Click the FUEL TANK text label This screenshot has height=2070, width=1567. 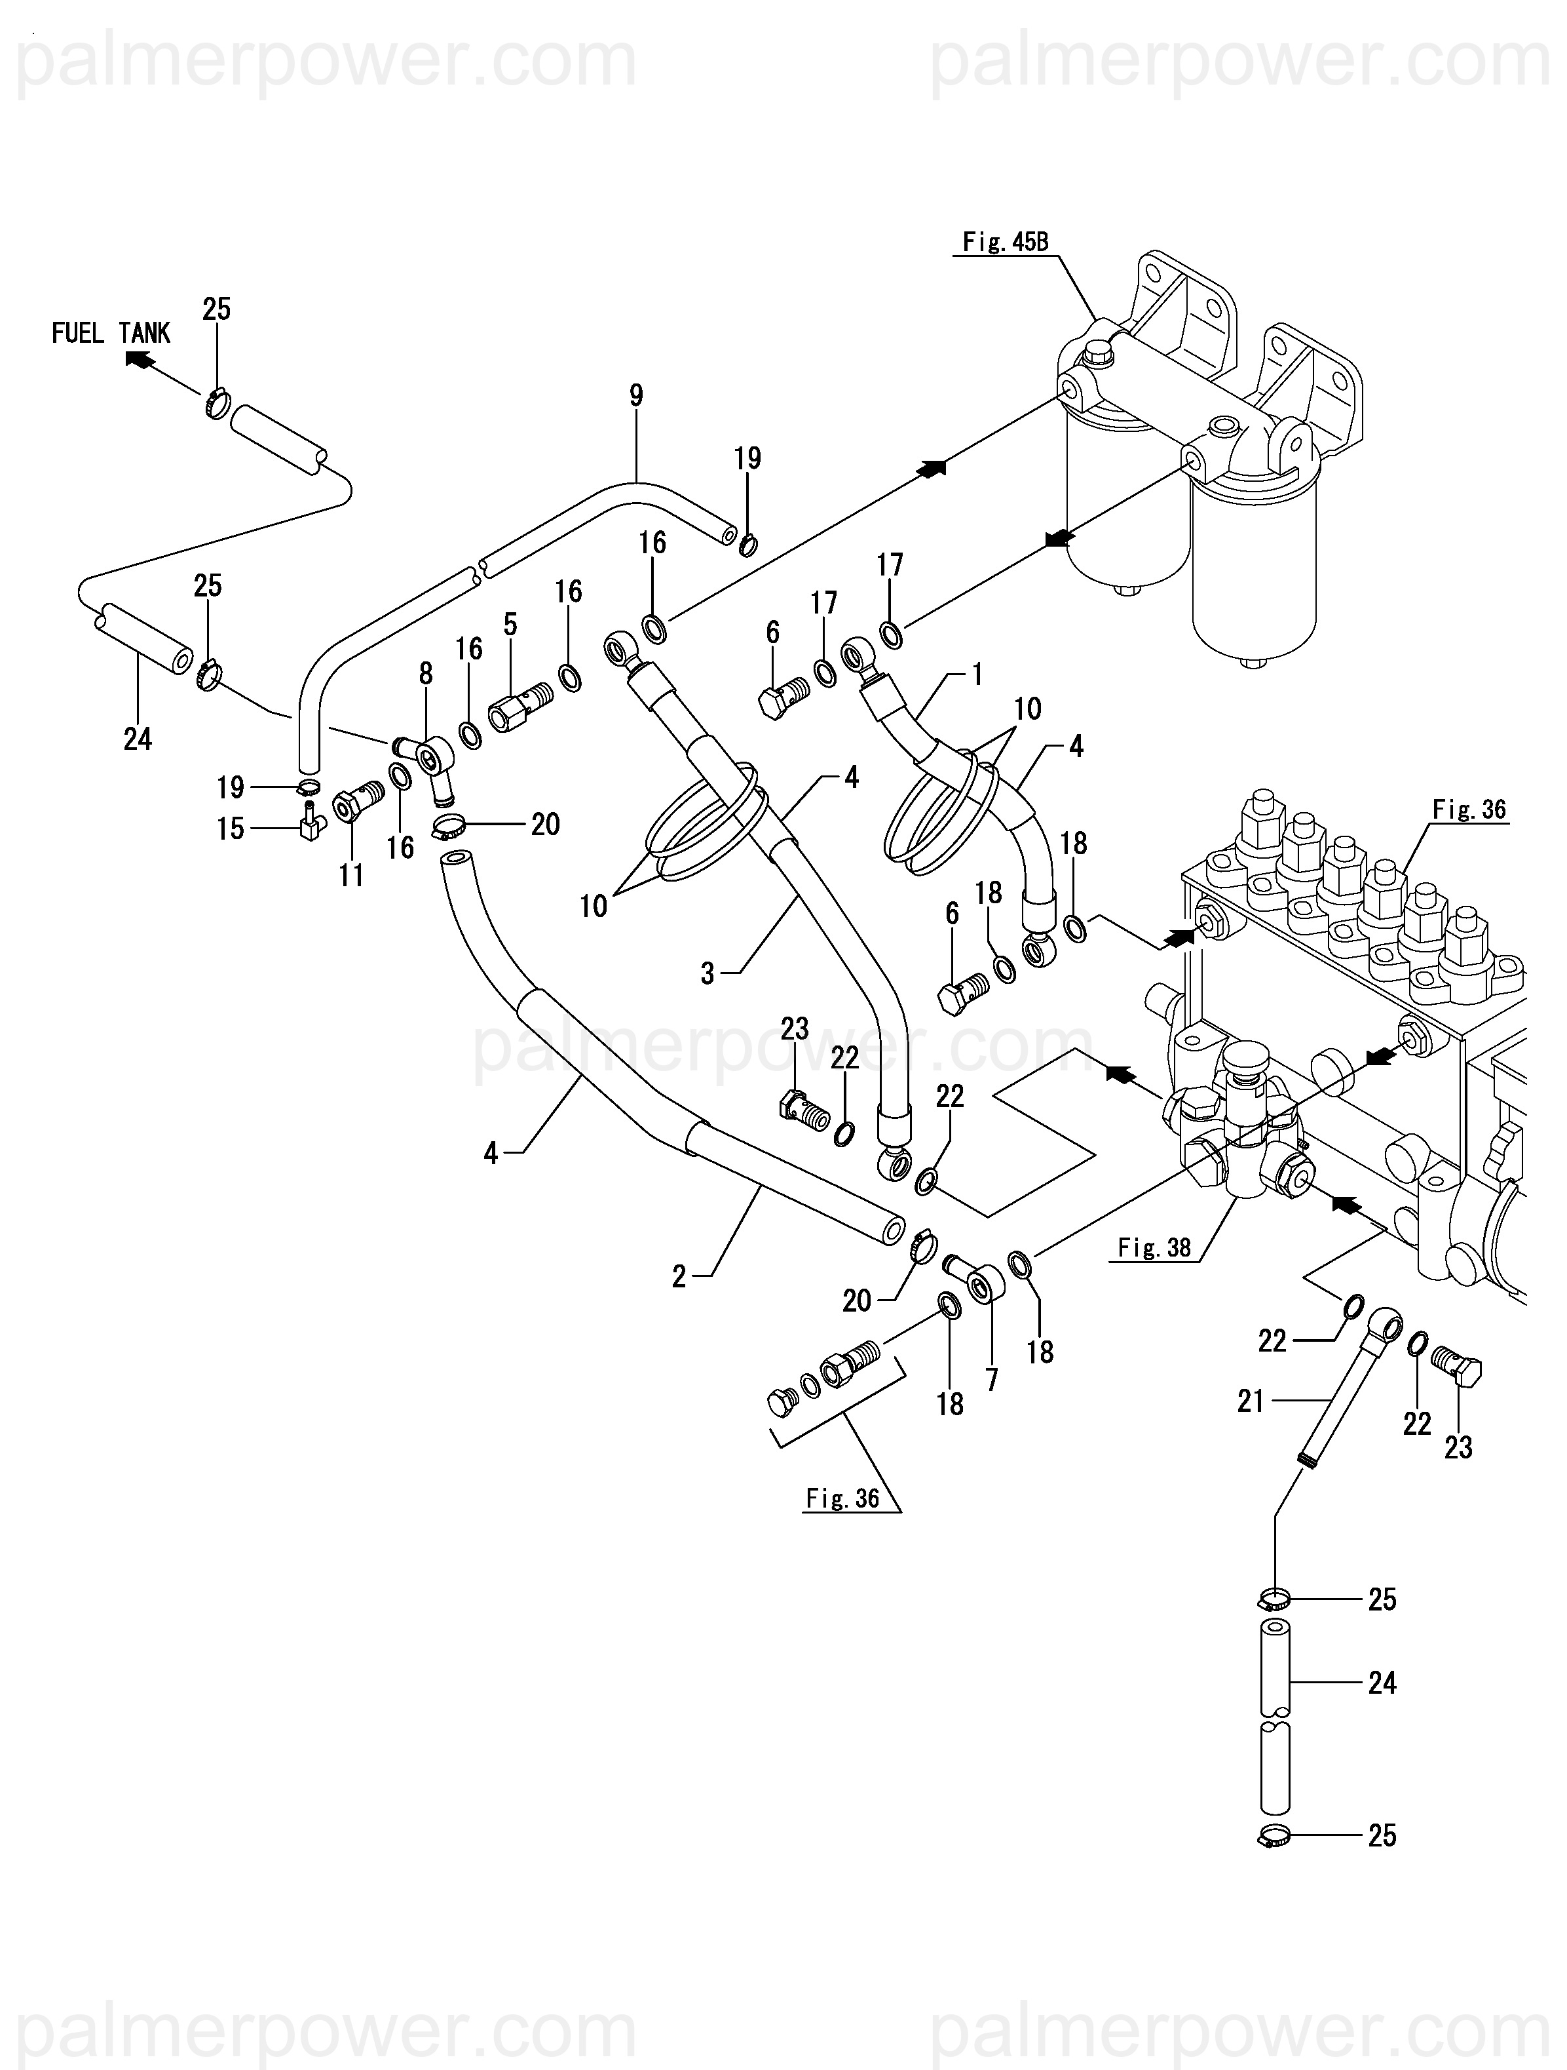(x=111, y=333)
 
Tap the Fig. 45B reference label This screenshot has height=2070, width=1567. (x=1006, y=243)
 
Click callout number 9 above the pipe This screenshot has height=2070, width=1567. (x=636, y=396)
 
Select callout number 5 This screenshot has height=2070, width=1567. (x=510, y=624)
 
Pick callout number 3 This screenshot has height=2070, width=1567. (x=708, y=973)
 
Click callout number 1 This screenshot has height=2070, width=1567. (x=977, y=674)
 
